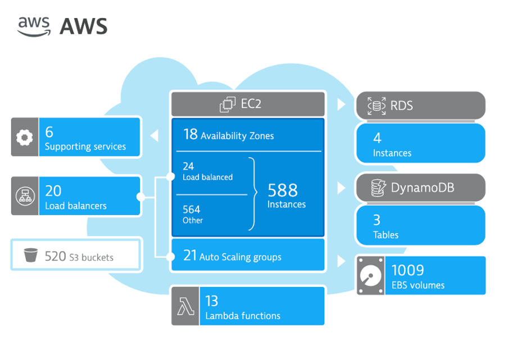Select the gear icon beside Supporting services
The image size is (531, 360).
[x=25, y=137]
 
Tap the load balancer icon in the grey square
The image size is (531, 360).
[x=25, y=195]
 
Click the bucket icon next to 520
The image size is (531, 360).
[x=30, y=256]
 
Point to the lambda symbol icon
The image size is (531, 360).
[x=185, y=306]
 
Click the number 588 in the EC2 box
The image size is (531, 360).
[x=283, y=190]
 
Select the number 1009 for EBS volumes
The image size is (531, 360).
[x=407, y=270]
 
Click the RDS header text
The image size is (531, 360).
[x=402, y=105]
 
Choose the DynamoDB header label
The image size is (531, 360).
[x=422, y=188]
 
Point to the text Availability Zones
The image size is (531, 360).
[x=237, y=136]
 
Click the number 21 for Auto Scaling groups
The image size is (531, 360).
[x=190, y=256]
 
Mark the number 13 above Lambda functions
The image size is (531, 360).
[x=211, y=302]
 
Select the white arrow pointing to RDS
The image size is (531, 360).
[x=341, y=104]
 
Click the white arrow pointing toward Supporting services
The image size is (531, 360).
[x=154, y=135]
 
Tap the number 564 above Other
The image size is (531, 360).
[x=192, y=209]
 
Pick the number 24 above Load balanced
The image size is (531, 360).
[x=188, y=166]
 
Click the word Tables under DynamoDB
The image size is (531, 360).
[x=385, y=235]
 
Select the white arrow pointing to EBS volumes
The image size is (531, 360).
[x=341, y=261]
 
